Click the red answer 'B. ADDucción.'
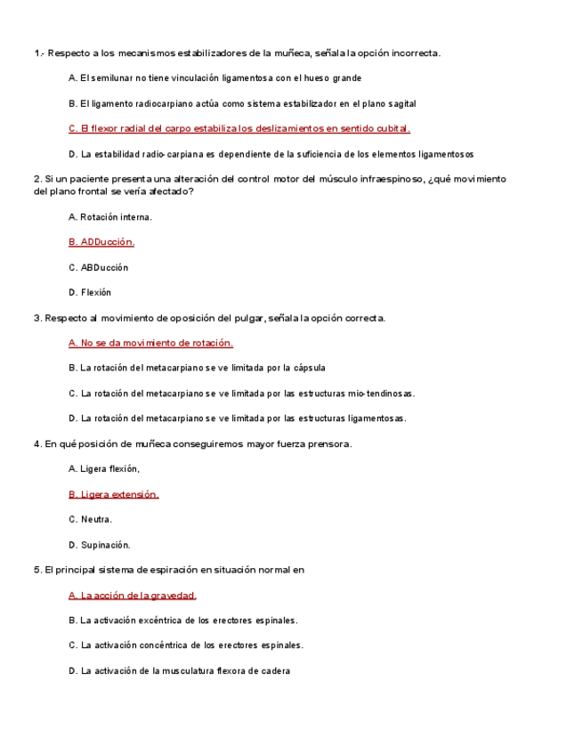tap(101, 242)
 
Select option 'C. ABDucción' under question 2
tap(98, 267)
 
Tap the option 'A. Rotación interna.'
tap(110, 216)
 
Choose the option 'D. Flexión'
tap(90, 292)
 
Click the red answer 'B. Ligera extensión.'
tap(113, 494)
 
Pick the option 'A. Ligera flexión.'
tap(104, 468)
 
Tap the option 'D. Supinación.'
tap(100, 545)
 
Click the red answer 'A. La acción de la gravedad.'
tap(133, 596)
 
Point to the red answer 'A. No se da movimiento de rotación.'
tap(150, 343)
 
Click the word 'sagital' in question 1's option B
tap(401, 104)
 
